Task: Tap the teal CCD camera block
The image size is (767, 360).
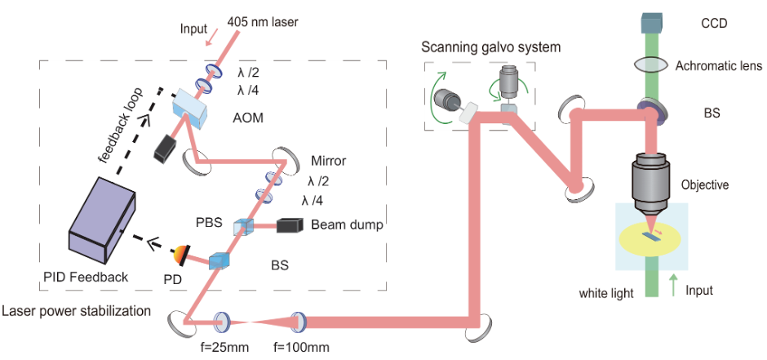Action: pyautogui.click(x=650, y=25)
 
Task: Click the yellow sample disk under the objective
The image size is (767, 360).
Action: pyautogui.click(x=650, y=238)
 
